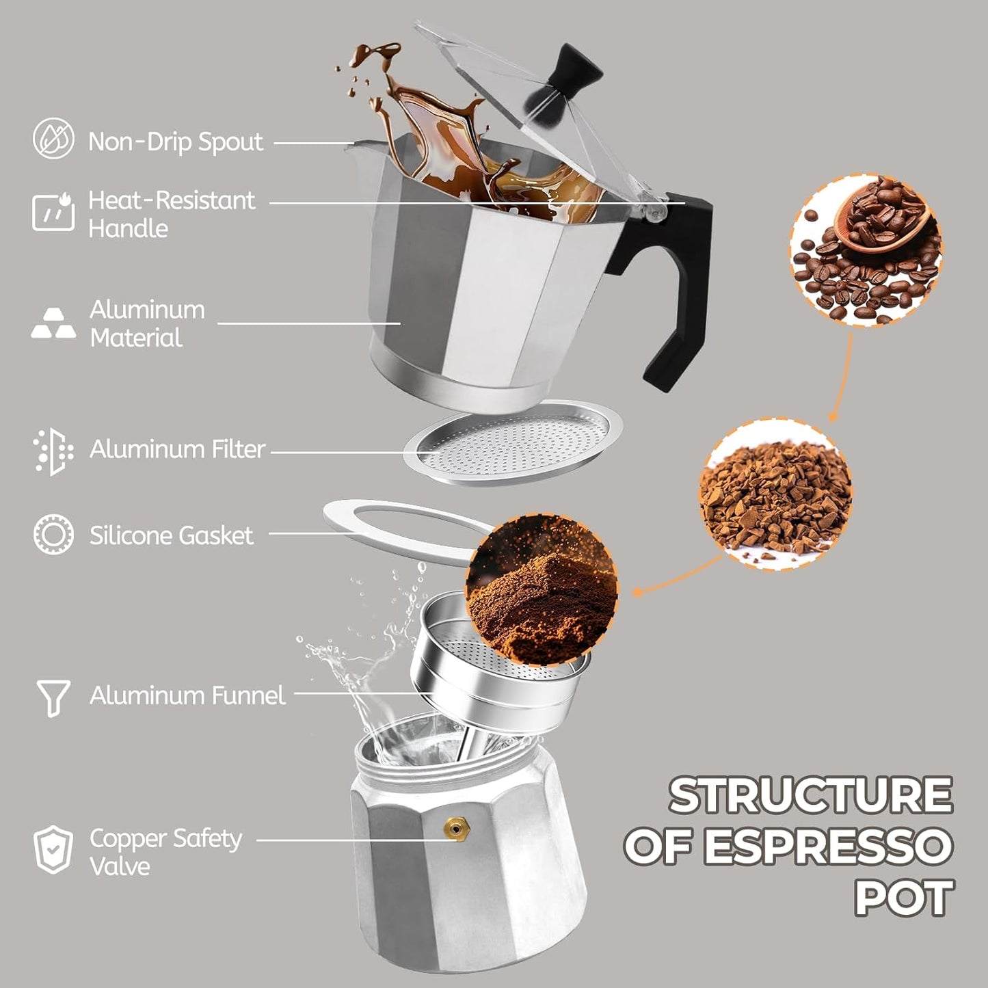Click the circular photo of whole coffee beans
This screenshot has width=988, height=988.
coord(866,250)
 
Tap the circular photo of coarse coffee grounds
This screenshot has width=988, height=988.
coord(775,494)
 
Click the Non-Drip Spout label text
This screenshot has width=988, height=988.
coord(176,142)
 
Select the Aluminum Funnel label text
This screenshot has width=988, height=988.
coord(187,695)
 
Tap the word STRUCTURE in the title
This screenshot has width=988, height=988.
coord(810,795)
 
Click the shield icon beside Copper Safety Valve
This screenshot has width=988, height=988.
coord(53,850)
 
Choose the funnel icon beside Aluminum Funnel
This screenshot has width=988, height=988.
coord(53,697)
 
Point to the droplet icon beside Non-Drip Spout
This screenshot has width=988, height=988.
coord(53,139)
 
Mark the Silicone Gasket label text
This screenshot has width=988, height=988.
coord(171,535)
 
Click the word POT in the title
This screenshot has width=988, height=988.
coord(904,898)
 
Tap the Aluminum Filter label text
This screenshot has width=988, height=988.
coord(177,449)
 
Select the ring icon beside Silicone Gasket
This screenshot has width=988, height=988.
coord(53,534)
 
